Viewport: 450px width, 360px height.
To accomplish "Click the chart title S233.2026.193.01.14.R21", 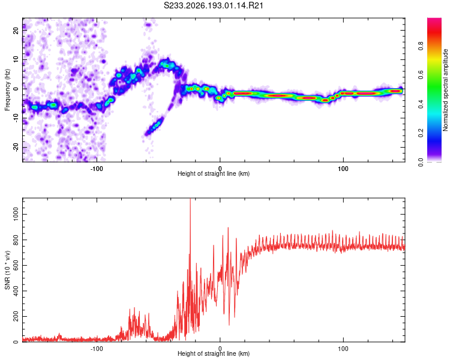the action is [214, 5].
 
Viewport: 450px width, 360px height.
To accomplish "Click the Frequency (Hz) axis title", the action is [7, 90].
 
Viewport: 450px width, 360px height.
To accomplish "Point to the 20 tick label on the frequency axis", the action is [16, 30].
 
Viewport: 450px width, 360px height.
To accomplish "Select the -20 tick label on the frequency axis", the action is [16, 148].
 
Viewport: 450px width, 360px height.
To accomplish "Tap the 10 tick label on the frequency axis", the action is [16, 59].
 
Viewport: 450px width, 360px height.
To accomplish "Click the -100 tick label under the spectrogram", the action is [97, 169].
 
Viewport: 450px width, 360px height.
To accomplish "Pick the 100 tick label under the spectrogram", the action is [343, 169].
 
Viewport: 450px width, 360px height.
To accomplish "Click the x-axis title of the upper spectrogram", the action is [214, 173].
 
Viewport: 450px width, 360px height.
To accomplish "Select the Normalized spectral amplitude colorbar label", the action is [445, 90].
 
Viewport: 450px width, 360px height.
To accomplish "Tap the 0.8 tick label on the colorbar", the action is [421, 46].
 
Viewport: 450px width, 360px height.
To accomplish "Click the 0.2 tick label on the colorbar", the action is [421, 133].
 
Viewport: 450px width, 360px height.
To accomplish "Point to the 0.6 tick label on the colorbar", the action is [421, 75].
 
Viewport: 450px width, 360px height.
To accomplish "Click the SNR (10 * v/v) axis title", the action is [7, 270].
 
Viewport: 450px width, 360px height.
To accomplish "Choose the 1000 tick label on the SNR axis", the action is [16, 214].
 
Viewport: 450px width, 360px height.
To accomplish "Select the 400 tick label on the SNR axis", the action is [16, 291].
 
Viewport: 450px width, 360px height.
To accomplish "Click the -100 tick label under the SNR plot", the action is [97, 349].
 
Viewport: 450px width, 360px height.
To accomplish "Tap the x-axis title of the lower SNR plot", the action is [214, 353].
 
